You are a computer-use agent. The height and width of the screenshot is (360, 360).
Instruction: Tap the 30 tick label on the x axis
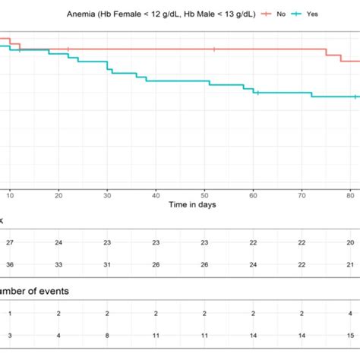(107, 196)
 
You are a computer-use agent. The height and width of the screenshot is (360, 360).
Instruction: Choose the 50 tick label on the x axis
(204, 196)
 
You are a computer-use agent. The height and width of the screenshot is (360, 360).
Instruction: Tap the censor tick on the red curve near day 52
(215, 49)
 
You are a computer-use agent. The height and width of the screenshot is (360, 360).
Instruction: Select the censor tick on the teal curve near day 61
(258, 93)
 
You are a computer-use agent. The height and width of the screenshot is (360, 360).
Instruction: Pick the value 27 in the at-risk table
(10, 242)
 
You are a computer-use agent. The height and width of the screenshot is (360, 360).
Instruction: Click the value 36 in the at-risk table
(10, 264)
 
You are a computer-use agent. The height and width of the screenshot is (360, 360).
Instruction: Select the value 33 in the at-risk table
(58, 264)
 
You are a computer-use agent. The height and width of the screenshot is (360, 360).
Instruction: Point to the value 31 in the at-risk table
(107, 264)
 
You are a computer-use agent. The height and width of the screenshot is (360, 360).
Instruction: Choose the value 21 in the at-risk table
(350, 264)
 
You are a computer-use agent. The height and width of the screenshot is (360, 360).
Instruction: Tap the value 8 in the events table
(107, 334)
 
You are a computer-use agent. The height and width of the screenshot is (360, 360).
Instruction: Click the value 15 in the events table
(350, 334)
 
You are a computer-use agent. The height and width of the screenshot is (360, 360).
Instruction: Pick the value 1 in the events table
(10, 313)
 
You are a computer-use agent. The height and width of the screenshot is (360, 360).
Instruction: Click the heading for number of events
(30, 289)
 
